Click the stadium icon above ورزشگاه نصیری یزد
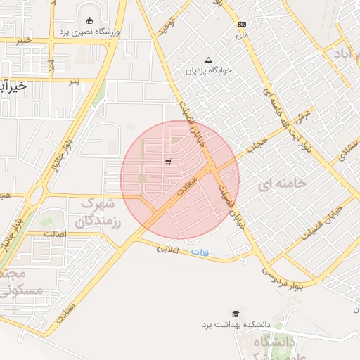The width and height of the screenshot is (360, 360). [89, 20]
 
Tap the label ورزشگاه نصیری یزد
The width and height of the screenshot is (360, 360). [90, 33]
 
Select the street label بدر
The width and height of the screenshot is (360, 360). [75, 82]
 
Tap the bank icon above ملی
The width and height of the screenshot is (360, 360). [242, 23]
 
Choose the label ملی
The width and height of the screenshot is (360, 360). [242, 34]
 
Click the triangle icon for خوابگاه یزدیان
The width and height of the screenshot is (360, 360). [207, 60]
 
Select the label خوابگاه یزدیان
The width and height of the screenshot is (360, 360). [208, 71]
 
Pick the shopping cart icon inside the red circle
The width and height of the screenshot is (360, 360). [167, 162]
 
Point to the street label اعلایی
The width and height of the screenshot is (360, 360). [169, 250]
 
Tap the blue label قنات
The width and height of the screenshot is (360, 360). [205, 252]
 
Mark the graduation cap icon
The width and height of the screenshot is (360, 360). [235, 314]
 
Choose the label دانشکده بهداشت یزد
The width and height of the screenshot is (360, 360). [236, 325]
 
